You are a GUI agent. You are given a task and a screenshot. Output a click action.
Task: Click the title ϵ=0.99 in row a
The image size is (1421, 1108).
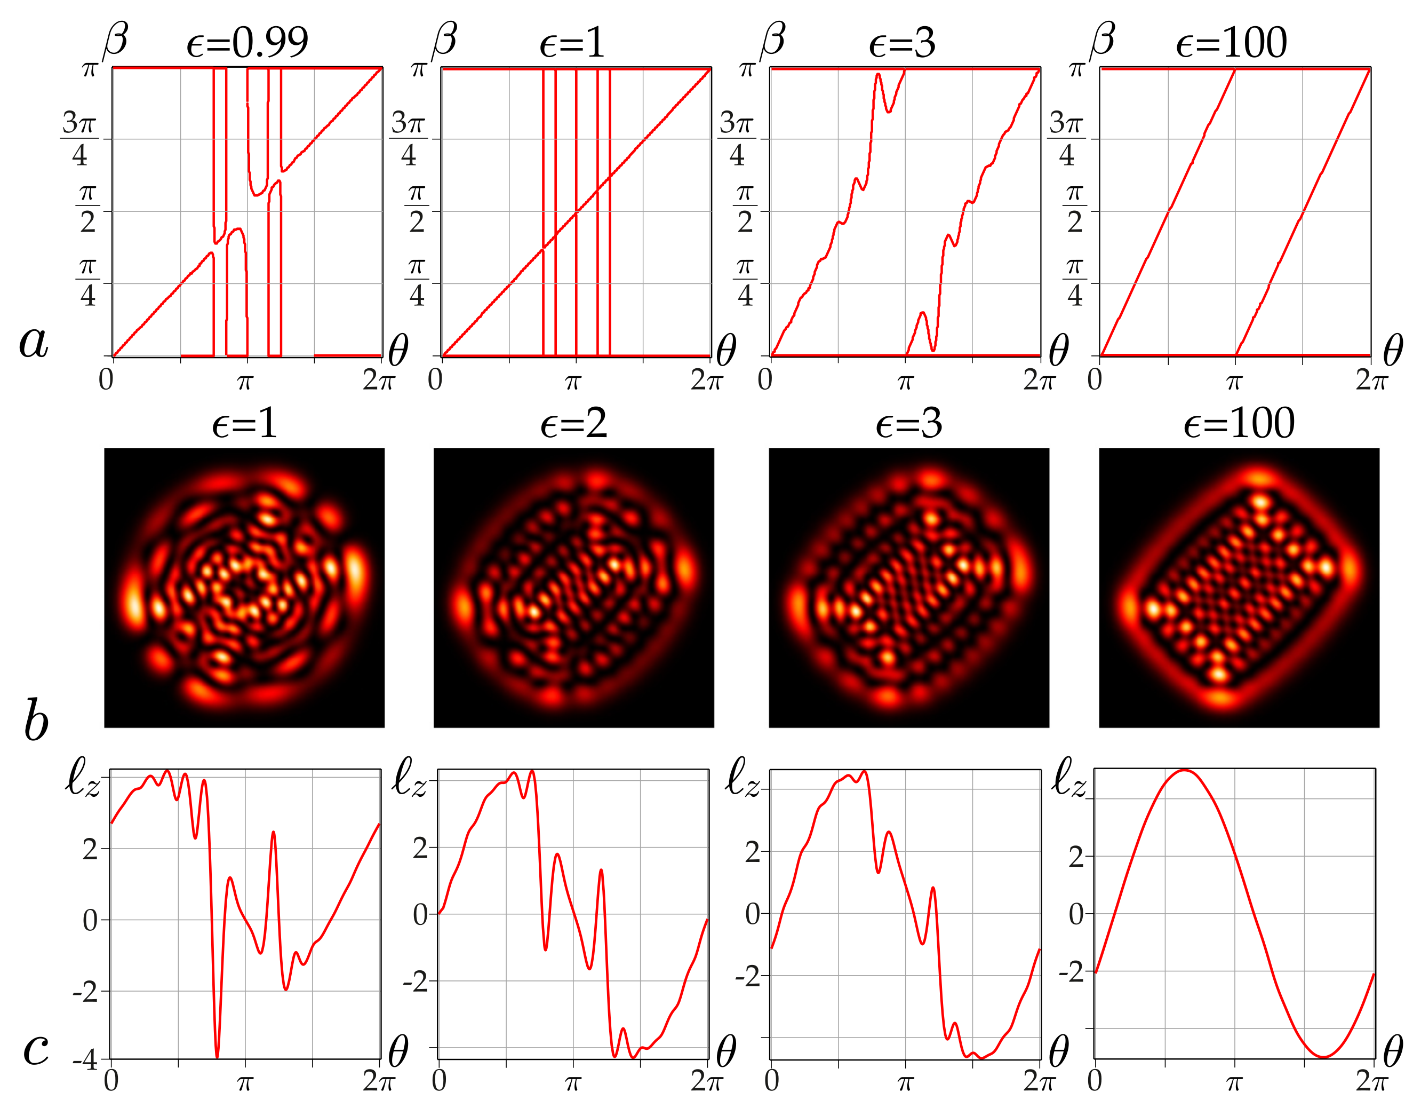pos(248,43)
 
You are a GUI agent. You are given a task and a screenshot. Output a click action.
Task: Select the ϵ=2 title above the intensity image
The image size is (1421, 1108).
pos(574,424)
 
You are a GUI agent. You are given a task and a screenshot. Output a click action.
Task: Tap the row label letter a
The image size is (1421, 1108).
pos(34,341)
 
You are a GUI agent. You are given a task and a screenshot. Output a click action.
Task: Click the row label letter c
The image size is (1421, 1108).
pos(36,1049)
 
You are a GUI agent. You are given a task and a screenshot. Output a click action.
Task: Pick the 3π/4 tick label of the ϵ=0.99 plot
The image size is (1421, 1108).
pos(79,139)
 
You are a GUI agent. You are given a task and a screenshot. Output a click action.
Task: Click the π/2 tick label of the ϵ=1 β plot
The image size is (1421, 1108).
pos(417,210)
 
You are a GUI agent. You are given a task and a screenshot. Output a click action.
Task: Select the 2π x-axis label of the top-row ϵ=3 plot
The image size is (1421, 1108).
pos(1039,380)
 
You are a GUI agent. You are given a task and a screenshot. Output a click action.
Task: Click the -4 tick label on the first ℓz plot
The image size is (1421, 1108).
pos(85,1060)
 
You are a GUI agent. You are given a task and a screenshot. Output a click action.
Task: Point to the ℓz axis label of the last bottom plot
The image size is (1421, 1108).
pos(1069,778)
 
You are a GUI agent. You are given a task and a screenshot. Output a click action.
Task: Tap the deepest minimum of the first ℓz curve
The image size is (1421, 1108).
pos(217,1056)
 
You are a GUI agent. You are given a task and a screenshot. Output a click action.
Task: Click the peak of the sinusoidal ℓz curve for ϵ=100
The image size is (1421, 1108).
pos(1185,771)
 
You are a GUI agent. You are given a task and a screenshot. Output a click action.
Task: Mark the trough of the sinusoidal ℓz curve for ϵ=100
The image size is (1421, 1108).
pos(1323,1056)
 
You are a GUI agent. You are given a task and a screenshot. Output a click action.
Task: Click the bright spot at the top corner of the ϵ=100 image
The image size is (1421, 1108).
pos(1260,479)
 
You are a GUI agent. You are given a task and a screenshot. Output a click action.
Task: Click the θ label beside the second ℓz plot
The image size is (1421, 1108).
pos(725,1051)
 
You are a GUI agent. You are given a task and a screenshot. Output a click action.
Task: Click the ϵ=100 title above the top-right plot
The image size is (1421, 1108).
pos(1231,43)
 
